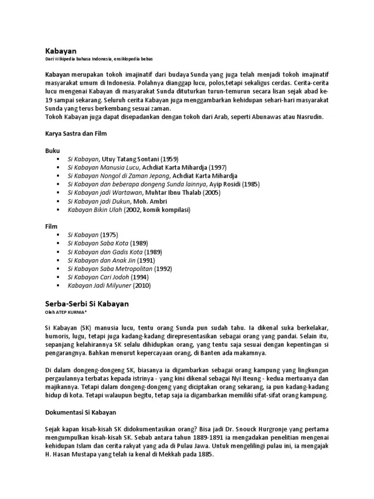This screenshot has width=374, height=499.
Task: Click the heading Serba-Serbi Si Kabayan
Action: (87, 303)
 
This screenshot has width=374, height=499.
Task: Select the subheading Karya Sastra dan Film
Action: (75, 133)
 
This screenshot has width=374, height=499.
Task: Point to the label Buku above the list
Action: (53, 151)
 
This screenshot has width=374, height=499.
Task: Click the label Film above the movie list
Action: (52, 227)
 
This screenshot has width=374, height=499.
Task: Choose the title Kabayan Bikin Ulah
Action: (94, 210)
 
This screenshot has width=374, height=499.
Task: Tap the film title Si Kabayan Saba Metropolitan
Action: (110, 269)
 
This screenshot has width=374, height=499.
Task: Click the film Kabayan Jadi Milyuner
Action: (100, 285)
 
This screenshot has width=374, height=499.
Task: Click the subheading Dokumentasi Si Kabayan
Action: (81, 412)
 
